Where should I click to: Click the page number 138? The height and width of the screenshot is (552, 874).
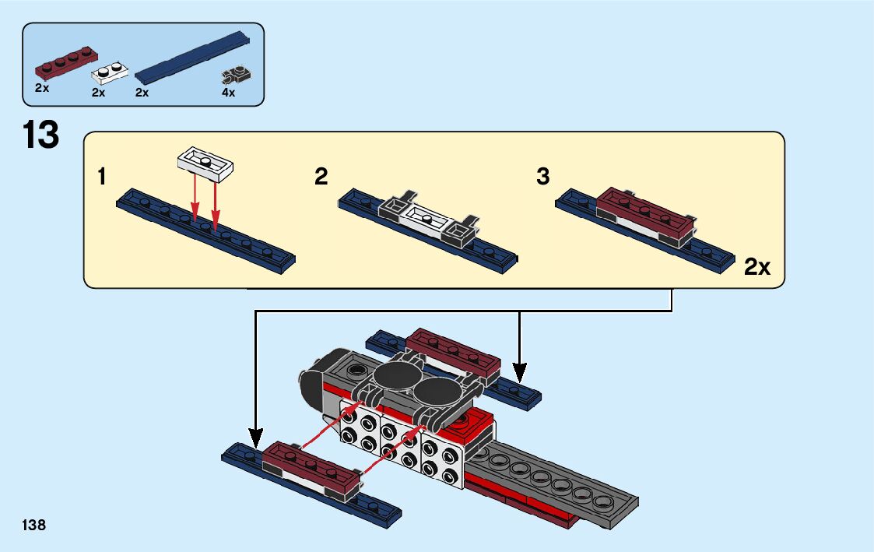coord(34,526)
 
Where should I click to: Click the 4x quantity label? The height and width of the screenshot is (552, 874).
coord(228,93)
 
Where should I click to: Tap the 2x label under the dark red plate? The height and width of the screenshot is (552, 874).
coord(42,89)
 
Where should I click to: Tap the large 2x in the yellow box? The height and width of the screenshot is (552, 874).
coord(756,268)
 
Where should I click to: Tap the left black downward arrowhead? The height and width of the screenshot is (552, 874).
coord(255,435)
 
